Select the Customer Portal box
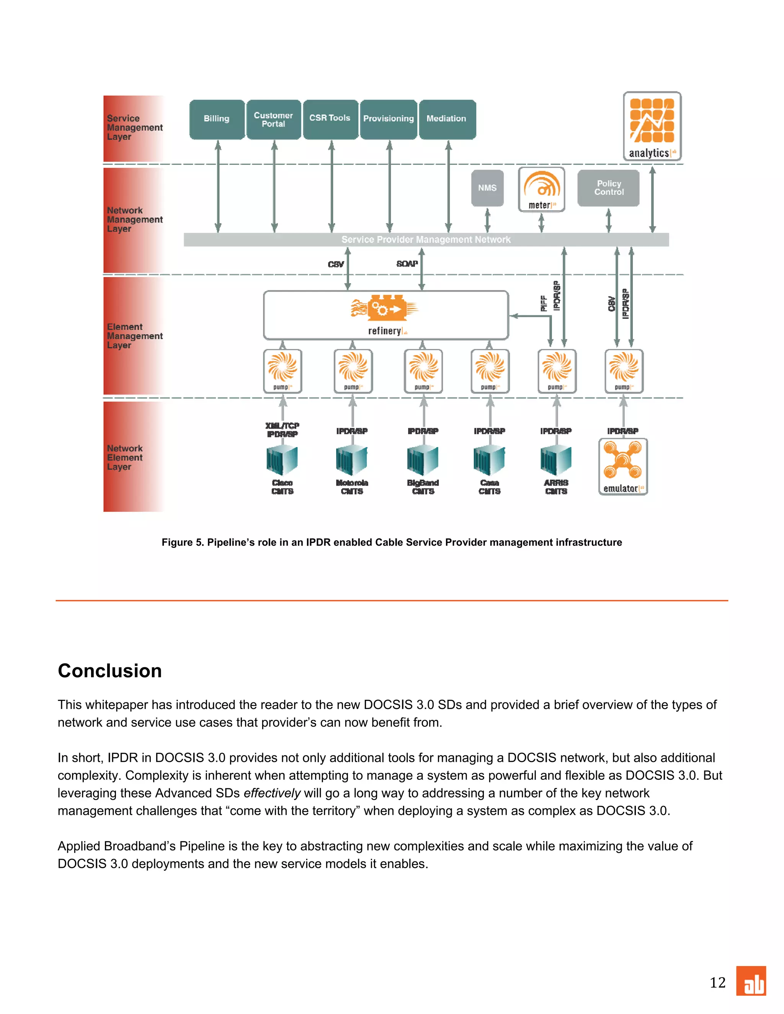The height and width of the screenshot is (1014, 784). coord(274,119)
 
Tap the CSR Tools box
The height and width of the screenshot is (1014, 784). coord(330,119)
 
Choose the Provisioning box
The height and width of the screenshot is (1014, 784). coord(389,119)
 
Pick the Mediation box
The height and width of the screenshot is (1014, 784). coord(447,119)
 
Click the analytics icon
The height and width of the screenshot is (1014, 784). coord(652,126)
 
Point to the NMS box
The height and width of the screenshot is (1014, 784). coord(487,187)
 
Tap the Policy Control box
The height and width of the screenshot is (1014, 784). coord(608,187)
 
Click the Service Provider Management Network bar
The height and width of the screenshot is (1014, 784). coord(426,240)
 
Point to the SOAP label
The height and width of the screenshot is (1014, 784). coord(407,264)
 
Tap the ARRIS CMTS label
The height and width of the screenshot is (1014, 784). coord(556,487)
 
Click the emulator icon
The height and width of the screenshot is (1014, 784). coord(623,466)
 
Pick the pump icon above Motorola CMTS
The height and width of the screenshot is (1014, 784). coord(353,370)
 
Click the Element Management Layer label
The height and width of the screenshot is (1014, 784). coord(134,336)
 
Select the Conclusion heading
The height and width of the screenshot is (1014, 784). coord(109,671)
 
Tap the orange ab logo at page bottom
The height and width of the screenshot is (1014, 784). coord(751,981)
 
